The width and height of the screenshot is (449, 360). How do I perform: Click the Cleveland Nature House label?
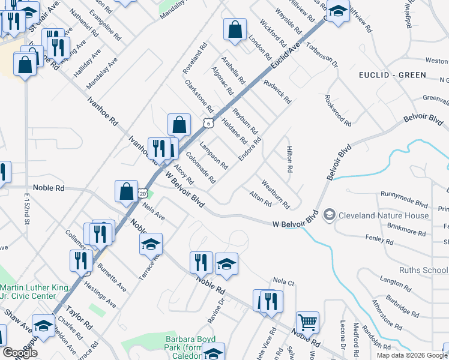[x=384, y=215]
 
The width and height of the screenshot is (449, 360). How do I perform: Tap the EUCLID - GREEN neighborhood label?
[x=392, y=75]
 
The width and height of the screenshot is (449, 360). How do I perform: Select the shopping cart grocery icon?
[x=307, y=323]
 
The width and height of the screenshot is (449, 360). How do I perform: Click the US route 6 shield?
[x=207, y=123]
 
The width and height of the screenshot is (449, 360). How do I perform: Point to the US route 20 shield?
[x=142, y=193]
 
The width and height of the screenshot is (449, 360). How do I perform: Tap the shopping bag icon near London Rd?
[x=235, y=29]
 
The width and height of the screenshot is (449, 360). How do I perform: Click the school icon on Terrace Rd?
[x=151, y=244]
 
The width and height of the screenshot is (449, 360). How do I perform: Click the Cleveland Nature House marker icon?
[x=329, y=215]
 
